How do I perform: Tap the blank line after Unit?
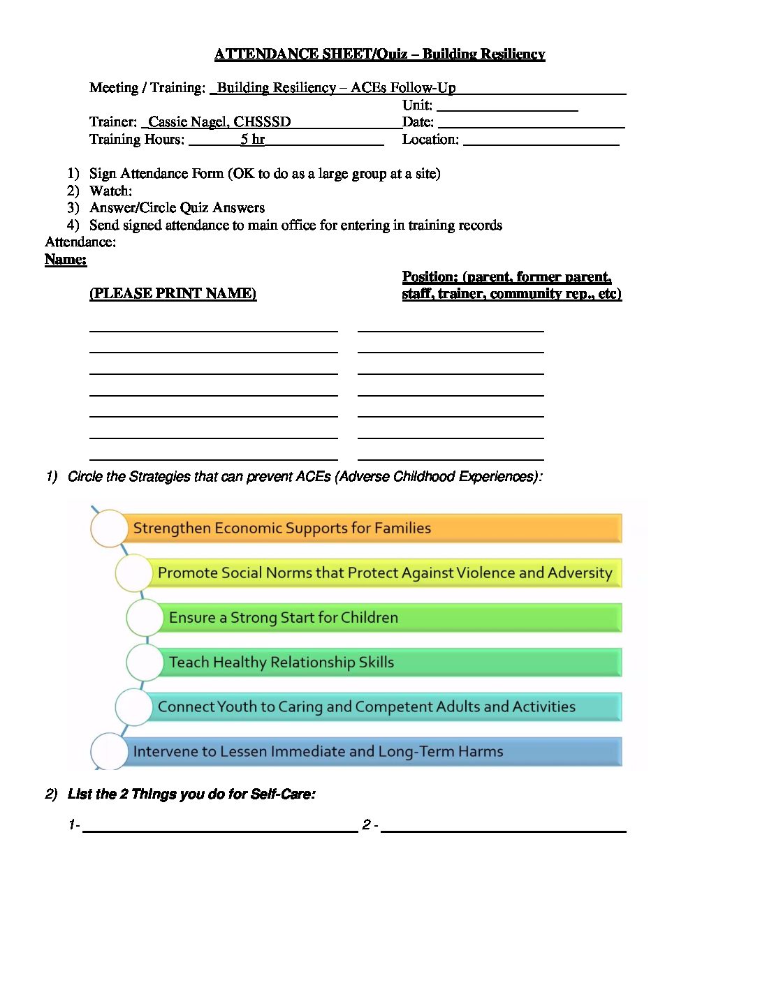point(507,108)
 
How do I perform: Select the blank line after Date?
point(531,124)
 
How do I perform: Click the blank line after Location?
point(541,142)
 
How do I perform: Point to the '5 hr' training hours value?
point(253,140)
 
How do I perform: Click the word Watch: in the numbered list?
point(110,191)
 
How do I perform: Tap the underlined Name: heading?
point(66,260)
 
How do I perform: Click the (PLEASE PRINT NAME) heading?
point(173,293)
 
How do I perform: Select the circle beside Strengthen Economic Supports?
point(109,529)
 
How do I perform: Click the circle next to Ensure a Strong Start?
point(145,618)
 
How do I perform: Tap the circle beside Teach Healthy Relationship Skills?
point(145,663)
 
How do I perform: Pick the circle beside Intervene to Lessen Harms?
point(109,752)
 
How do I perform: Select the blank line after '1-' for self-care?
point(220,828)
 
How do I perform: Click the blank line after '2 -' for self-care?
point(503,828)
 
